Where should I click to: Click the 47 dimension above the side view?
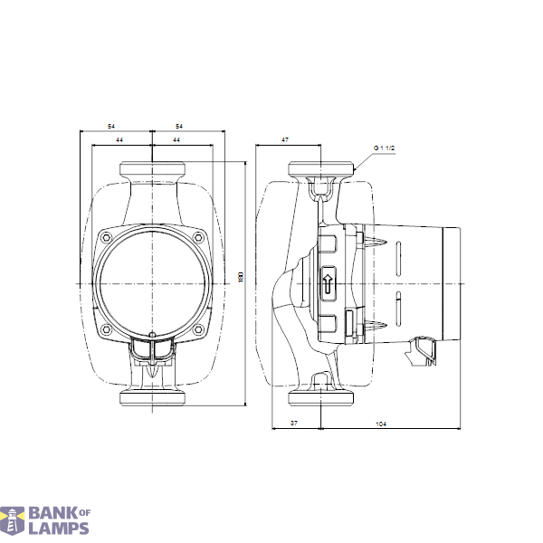pyautogui.click(x=285, y=140)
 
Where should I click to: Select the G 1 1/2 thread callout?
pyautogui.click(x=386, y=148)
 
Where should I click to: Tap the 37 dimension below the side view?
pyautogui.click(x=294, y=424)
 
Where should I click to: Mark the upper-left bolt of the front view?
pyautogui.click(x=107, y=238)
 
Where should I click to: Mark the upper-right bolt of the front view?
pyautogui.click(x=199, y=238)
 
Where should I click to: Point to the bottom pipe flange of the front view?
pyautogui.click(x=153, y=398)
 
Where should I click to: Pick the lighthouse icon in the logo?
pyautogui.click(x=13, y=521)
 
